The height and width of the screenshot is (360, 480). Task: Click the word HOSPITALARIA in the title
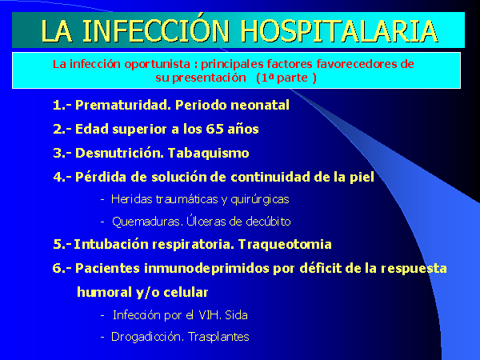338,31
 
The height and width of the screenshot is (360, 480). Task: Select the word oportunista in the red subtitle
157,64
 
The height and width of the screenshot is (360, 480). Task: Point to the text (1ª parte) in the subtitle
286,78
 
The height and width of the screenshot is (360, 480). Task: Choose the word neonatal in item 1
260,105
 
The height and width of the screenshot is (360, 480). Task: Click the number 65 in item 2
214,129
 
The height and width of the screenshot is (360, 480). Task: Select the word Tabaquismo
209,154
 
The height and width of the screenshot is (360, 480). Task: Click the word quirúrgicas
260,200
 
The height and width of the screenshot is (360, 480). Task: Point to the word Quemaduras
146,222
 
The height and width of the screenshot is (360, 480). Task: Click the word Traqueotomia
285,245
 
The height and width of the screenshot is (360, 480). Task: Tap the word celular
186,292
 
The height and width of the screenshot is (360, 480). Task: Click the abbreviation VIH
210,315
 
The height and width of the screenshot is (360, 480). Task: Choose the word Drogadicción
147,337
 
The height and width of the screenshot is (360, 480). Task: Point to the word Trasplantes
218,337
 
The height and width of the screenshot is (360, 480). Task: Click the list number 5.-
62,245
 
